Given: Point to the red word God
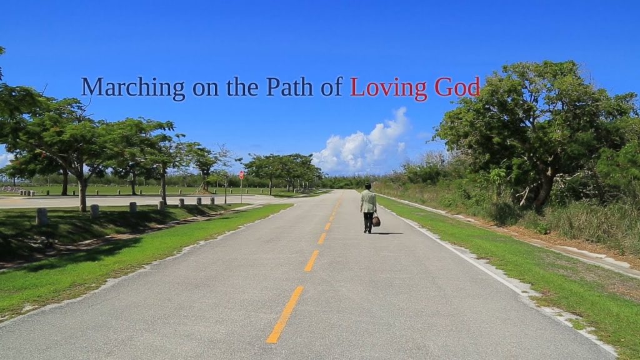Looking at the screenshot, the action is coord(457,87).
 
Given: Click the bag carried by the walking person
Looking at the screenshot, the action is coord(376,221).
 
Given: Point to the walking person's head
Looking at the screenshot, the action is coord(368,186).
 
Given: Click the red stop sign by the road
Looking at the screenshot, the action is coord(242,175).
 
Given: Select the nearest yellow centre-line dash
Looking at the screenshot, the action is coord(285,314).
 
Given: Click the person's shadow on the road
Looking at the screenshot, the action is coord(387,234).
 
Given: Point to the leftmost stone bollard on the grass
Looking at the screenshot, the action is coord(42,216).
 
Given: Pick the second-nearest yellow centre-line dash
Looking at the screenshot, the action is coord(311,261).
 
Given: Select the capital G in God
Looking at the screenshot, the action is coord(442,87).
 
